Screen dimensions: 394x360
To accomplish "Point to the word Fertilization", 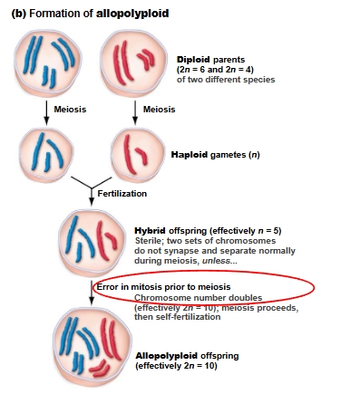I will (x=124, y=193).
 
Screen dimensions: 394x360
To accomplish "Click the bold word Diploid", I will (x=194, y=59).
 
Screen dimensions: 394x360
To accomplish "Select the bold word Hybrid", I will (x=149, y=230).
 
